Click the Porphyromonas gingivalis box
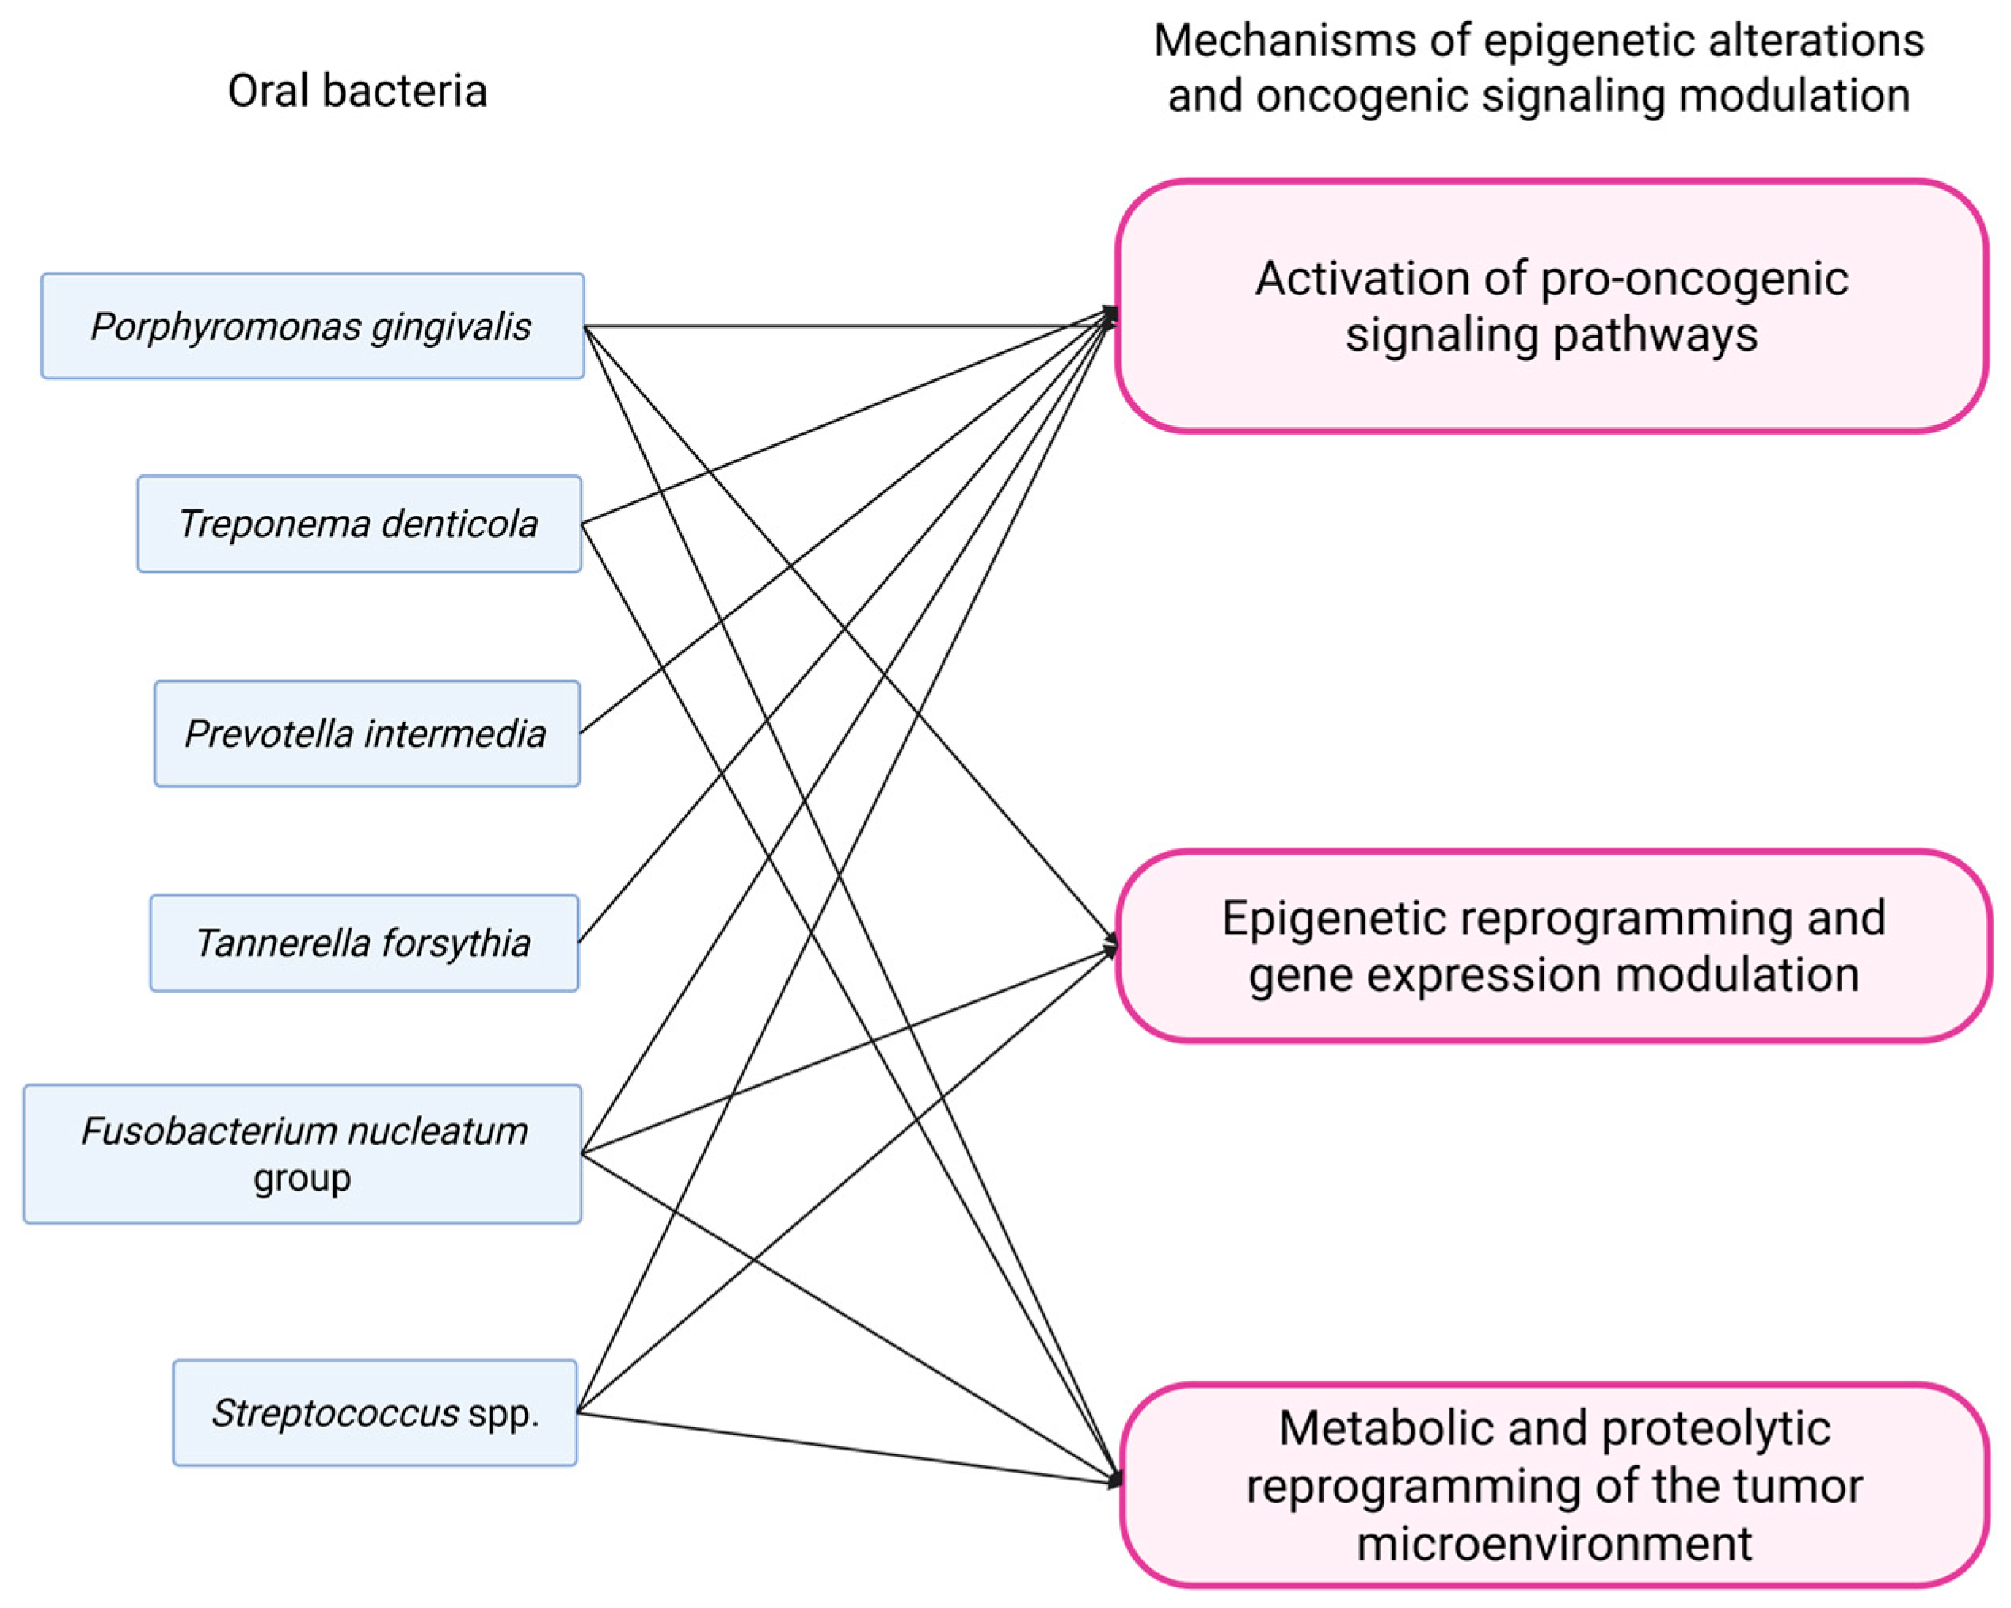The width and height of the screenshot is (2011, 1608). click(313, 326)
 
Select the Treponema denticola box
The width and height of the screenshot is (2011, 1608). click(359, 524)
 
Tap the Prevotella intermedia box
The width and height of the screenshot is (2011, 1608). click(367, 734)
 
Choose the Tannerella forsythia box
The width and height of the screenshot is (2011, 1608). click(364, 942)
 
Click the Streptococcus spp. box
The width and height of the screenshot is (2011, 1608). click(375, 1412)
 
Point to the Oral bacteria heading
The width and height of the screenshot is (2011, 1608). click(357, 91)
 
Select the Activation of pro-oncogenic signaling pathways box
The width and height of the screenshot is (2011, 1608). click(1551, 306)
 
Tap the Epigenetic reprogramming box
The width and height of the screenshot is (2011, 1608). click(1553, 945)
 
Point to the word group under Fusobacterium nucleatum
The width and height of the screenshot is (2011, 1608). click(303, 1177)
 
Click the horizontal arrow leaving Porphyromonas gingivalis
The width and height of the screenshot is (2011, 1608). click(840, 326)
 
